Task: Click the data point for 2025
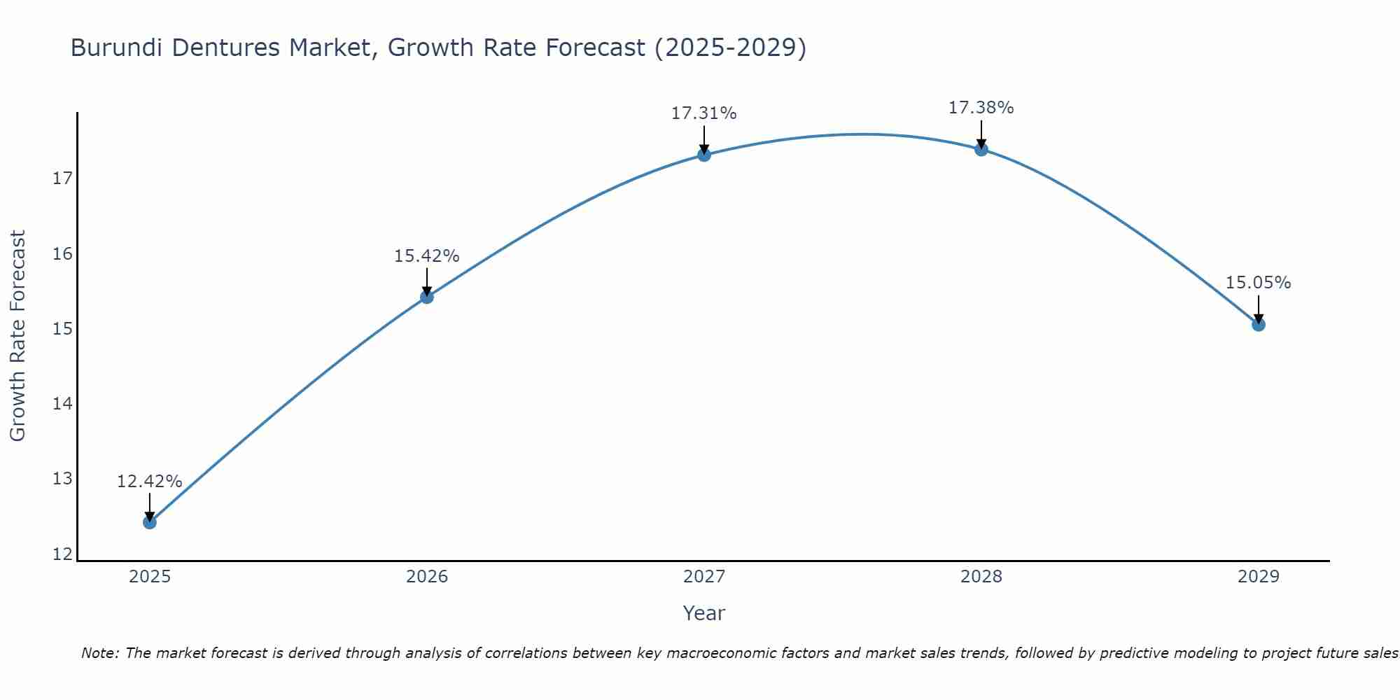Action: pos(150,522)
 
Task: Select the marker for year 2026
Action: pos(427,297)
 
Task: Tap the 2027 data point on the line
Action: pos(704,155)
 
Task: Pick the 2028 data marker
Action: pos(981,149)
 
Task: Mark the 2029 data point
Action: pos(1259,324)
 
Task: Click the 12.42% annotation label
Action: pos(149,482)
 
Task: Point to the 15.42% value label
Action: pos(426,256)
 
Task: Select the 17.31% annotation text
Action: pos(703,113)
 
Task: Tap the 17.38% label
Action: pos(981,108)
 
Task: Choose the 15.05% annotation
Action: pos(1258,283)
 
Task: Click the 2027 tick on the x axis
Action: pos(704,577)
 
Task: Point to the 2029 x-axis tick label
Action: pos(1259,577)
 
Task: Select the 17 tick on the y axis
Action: pos(63,178)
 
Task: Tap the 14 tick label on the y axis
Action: pos(63,404)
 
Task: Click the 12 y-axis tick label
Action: pos(63,554)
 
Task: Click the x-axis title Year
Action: pos(703,613)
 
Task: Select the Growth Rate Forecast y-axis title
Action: pos(18,336)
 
